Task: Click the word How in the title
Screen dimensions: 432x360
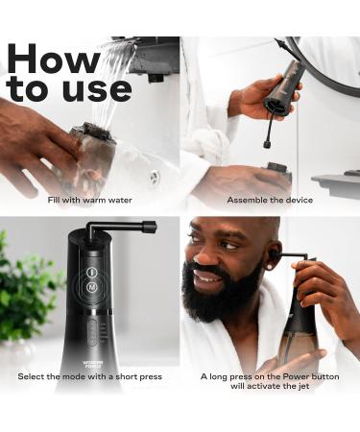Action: click(53, 57)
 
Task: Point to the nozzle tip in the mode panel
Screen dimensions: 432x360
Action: click(150, 228)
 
